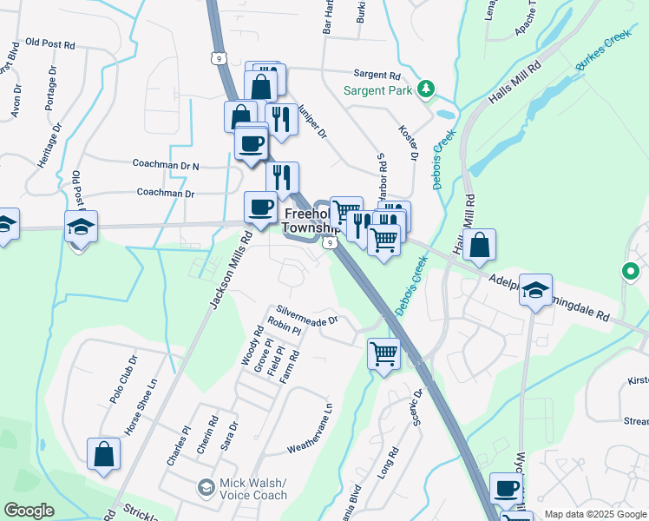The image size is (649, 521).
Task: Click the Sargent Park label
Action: pyautogui.click(x=378, y=89)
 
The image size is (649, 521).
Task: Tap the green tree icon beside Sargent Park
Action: pyautogui.click(x=425, y=89)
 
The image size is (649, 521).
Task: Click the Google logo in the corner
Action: pyautogui.click(x=29, y=511)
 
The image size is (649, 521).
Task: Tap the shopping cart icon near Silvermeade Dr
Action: pyautogui.click(x=383, y=353)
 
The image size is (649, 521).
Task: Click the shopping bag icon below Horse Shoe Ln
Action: pyautogui.click(x=103, y=453)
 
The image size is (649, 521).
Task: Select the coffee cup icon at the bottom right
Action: pyautogui.click(x=507, y=488)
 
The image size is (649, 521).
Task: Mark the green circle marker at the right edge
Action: pyautogui.click(x=631, y=272)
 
